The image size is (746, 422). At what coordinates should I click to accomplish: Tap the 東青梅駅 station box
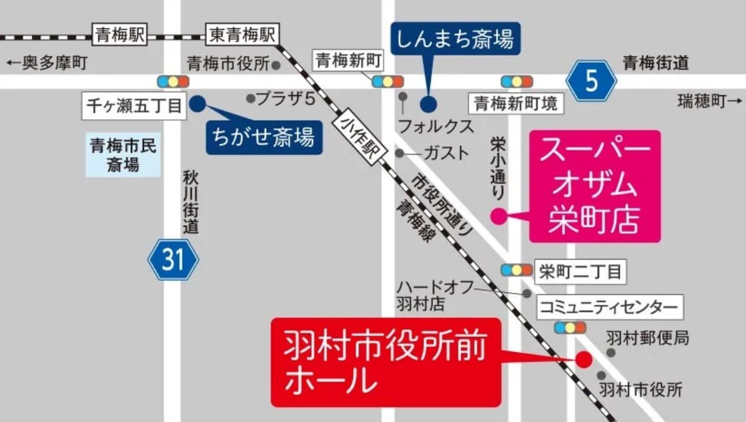(243, 35)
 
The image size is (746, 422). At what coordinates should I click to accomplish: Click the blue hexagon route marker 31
(173, 259)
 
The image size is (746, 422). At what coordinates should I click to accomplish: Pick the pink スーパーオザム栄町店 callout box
(594, 186)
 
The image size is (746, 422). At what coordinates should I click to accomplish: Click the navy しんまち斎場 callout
(455, 39)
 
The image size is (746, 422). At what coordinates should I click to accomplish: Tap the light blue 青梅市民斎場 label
(123, 155)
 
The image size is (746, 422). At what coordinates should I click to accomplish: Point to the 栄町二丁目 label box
(580, 271)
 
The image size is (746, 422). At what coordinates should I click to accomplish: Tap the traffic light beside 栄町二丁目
(517, 270)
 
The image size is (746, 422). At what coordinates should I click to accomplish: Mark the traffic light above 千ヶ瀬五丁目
(173, 82)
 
